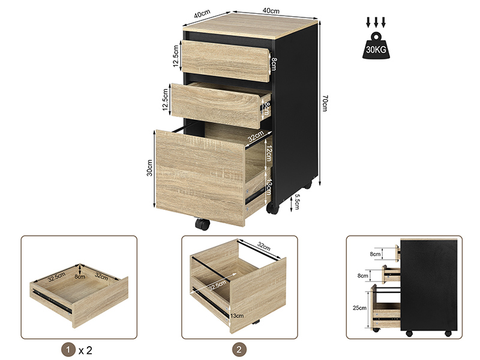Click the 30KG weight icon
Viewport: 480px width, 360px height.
coord(376,46)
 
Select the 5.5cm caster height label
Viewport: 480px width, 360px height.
coord(296,202)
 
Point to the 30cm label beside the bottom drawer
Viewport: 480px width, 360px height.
coord(149,168)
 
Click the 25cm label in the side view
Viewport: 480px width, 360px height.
coord(359,308)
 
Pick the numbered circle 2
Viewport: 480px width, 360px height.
coord(239,350)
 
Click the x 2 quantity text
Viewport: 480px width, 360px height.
coord(85,350)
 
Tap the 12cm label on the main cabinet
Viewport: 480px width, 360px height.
coord(268,153)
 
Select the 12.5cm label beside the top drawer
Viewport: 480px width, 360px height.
coord(176,56)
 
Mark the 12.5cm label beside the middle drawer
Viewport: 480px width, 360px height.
coord(166,100)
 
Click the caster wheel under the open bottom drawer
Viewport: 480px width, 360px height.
coord(202,224)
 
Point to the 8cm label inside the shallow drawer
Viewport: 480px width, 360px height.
coord(80,277)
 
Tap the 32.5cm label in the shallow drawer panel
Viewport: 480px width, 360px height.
coord(56,277)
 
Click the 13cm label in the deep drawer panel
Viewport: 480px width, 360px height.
coord(237,316)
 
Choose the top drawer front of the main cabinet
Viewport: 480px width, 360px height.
coord(226,61)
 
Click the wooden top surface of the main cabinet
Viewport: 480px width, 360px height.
coord(251,26)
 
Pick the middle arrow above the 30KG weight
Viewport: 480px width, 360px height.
coord(376,22)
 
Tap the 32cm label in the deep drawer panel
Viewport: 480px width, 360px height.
coord(263,246)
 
